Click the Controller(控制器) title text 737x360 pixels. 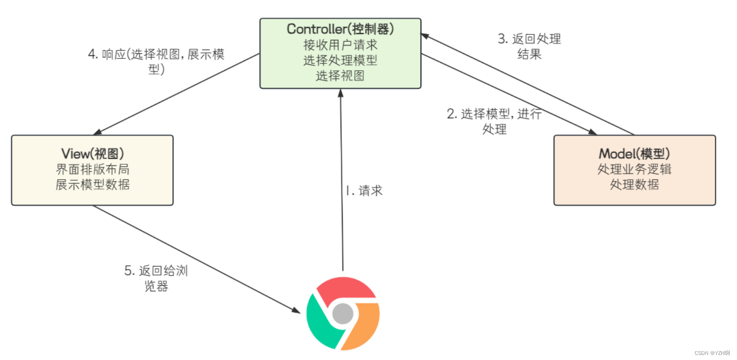340,29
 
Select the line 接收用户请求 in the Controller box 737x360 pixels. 340,45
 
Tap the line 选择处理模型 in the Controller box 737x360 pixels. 340,60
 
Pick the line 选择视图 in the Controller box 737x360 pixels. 340,76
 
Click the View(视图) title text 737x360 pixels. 92,154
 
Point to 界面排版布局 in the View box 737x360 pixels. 92,169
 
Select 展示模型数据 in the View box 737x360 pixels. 92,185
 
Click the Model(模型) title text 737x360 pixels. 634,154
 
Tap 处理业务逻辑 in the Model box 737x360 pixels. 634,169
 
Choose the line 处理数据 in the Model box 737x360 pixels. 634,185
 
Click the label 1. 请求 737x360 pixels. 364,191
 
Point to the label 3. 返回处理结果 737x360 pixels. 529,46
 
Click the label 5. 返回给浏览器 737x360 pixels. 156,278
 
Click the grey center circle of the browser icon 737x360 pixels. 343,314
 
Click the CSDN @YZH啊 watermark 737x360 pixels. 712,353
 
